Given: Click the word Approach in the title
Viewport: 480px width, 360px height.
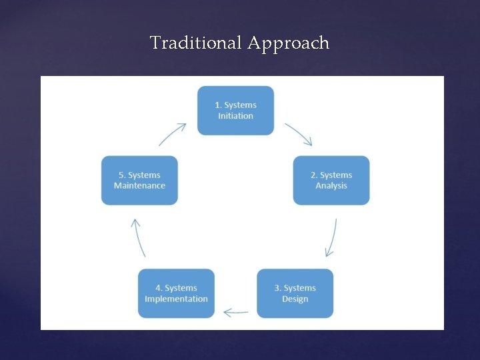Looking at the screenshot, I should pyautogui.click(x=288, y=43).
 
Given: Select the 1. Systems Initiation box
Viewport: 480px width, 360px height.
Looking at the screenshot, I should pyautogui.click(x=235, y=111).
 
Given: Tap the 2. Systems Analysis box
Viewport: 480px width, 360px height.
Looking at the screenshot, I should pyautogui.click(x=331, y=180).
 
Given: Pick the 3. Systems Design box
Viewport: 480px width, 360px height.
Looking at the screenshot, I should pyautogui.click(x=295, y=293).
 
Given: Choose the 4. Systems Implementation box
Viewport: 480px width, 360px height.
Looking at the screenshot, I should pyautogui.click(x=176, y=293).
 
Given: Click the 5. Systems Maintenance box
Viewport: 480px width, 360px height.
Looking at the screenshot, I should pyautogui.click(x=139, y=180).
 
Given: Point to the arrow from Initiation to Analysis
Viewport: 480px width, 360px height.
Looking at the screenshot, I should pyautogui.click(x=299, y=133).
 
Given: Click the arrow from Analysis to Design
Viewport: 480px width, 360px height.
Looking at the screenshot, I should pyautogui.click(x=331, y=237).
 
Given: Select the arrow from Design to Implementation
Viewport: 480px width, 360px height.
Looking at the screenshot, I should pyautogui.click(x=236, y=311).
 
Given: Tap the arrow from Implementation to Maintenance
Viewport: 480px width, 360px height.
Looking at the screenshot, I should pyautogui.click(x=138, y=237).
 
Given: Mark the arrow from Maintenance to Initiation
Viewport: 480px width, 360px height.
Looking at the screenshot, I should pyautogui.click(x=172, y=133).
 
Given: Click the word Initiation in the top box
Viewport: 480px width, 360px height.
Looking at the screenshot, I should pyautogui.click(x=235, y=116).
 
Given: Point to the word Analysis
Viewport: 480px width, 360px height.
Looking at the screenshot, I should pyautogui.click(x=331, y=186).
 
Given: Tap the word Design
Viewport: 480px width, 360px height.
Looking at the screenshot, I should pyautogui.click(x=295, y=299).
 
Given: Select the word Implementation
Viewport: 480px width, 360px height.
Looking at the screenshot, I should pyautogui.click(x=176, y=299).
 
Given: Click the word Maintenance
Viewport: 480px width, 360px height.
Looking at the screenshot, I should pyautogui.click(x=139, y=186).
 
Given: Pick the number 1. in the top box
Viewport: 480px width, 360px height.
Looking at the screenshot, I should pyautogui.click(x=218, y=105).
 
